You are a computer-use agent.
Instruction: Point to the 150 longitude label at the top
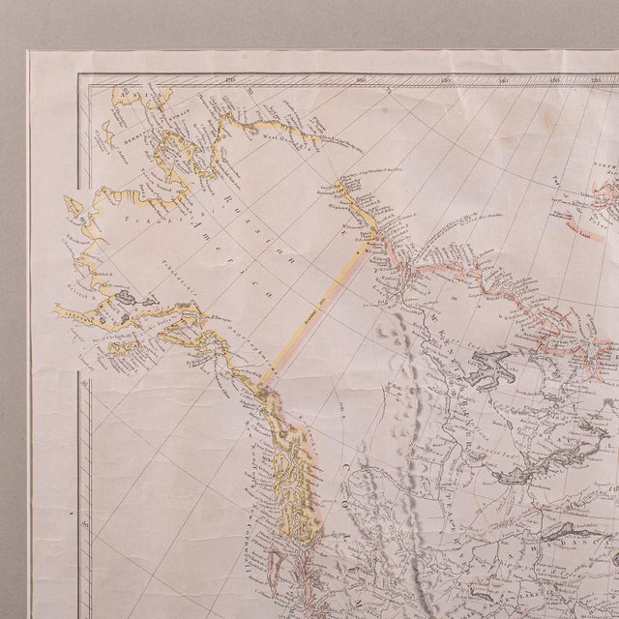[447, 81]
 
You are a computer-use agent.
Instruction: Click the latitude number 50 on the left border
[87, 525]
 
